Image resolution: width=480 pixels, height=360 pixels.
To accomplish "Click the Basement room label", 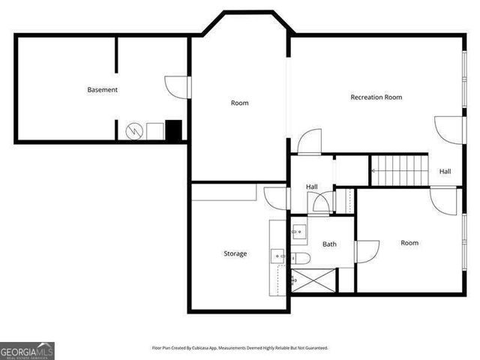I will (102, 90).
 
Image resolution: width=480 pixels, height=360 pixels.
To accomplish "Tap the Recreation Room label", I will (376, 97).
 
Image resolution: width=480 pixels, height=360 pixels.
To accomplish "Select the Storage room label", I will (235, 253).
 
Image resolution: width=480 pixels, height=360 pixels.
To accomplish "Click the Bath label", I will (329, 244).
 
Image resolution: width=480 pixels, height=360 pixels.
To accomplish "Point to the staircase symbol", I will (400, 169).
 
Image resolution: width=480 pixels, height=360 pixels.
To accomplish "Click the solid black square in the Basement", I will (174, 130).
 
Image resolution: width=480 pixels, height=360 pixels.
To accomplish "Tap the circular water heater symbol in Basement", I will (134, 131).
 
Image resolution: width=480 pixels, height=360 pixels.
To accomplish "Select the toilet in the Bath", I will (301, 259).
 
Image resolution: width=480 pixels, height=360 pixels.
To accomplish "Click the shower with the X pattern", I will (313, 280).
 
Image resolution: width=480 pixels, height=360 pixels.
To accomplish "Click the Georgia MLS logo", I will (27, 350).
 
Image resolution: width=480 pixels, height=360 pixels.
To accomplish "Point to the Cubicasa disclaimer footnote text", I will (240, 348).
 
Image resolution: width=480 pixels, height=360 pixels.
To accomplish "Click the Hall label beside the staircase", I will (445, 172).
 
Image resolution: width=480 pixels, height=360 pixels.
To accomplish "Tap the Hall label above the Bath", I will (311, 187).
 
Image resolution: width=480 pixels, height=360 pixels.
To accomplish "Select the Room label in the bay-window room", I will (239, 103).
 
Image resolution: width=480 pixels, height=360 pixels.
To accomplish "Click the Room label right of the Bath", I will (409, 243).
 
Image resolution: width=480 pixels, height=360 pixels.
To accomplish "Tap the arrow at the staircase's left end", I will (374, 170).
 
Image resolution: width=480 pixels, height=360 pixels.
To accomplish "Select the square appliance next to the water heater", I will (155, 130).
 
